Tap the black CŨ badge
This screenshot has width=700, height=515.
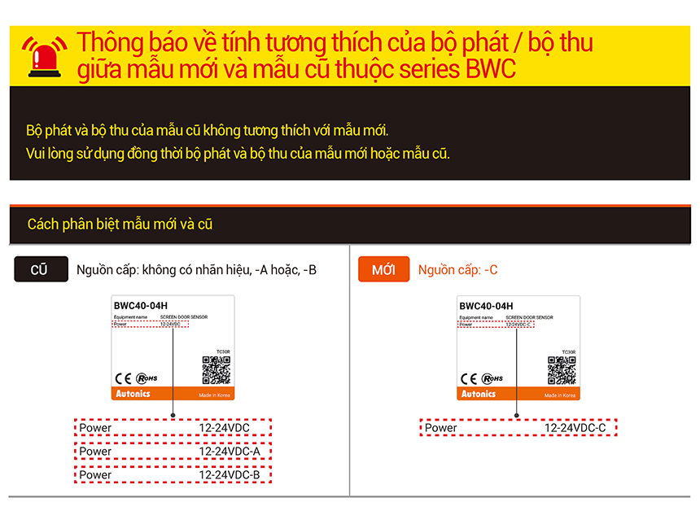pos(40,270)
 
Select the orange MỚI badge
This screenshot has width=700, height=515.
pos(383,270)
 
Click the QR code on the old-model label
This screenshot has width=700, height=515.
pos(216,370)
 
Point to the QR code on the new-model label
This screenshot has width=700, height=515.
pos(562,370)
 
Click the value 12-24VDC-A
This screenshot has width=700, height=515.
pos(230,452)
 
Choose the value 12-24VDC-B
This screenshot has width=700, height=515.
pos(230,475)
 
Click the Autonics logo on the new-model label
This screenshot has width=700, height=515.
pos(478,394)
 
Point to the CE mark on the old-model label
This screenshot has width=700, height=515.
pos(123,378)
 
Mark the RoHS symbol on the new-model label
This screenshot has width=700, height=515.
pos(492,378)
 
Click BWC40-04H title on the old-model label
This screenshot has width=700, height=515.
pos(141,306)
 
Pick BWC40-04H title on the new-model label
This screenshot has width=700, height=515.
pos(487,306)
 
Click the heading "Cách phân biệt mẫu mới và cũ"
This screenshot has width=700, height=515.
pos(120,225)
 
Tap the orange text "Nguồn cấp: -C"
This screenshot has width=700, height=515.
pos(458,270)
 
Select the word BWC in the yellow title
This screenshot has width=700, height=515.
pos(492,69)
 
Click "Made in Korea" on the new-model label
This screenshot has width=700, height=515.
pos(560,395)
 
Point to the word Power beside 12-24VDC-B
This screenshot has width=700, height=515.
pos(96,475)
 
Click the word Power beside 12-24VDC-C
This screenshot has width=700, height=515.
pos(441,428)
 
